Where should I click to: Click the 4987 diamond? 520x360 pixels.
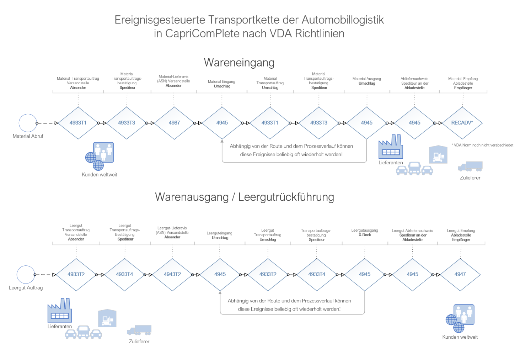pos(174,123)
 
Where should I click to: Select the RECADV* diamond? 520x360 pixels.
pos(462,123)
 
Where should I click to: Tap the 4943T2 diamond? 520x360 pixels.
pos(172,274)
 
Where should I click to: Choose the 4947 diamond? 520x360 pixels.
pos(460,274)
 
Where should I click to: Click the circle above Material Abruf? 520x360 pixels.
pos(28,123)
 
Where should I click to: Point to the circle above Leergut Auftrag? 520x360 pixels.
pos(26,275)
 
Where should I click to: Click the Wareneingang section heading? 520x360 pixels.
pos(239,63)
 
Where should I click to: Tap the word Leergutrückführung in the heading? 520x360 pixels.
pos(286,197)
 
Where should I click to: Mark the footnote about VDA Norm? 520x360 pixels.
pos(482,145)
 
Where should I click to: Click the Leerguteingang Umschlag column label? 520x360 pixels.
pos(220,235)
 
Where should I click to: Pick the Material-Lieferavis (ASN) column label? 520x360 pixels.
pos(173,81)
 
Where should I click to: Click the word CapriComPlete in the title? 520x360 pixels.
pos(202,33)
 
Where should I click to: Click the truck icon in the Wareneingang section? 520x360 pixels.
pos(470,166)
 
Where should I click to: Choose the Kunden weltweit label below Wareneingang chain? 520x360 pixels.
pos(100,175)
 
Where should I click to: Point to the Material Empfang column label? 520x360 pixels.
pos(463,83)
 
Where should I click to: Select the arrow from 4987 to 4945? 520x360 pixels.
pos(198,123)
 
